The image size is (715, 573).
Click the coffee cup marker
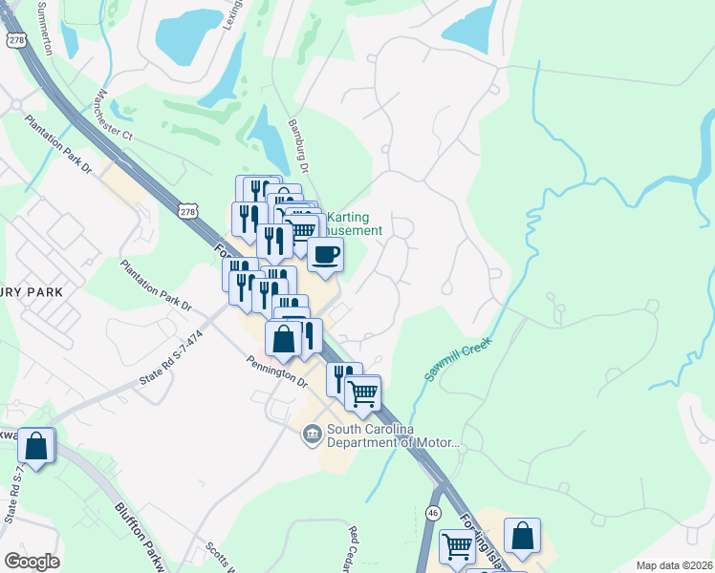point(325,256)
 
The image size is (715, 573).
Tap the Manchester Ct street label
point(114,117)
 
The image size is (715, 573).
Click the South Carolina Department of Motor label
point(393,435)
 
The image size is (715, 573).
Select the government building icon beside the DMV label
point(312,435)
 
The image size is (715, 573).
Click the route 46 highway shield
point(434,514)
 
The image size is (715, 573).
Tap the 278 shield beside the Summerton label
point(16,39)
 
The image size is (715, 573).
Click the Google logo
point(32,562)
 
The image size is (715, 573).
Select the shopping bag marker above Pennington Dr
point(284,339)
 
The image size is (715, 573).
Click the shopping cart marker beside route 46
point(458,547)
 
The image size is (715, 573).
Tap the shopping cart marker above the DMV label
point(363,393)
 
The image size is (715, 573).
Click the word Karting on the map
point(349,217)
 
